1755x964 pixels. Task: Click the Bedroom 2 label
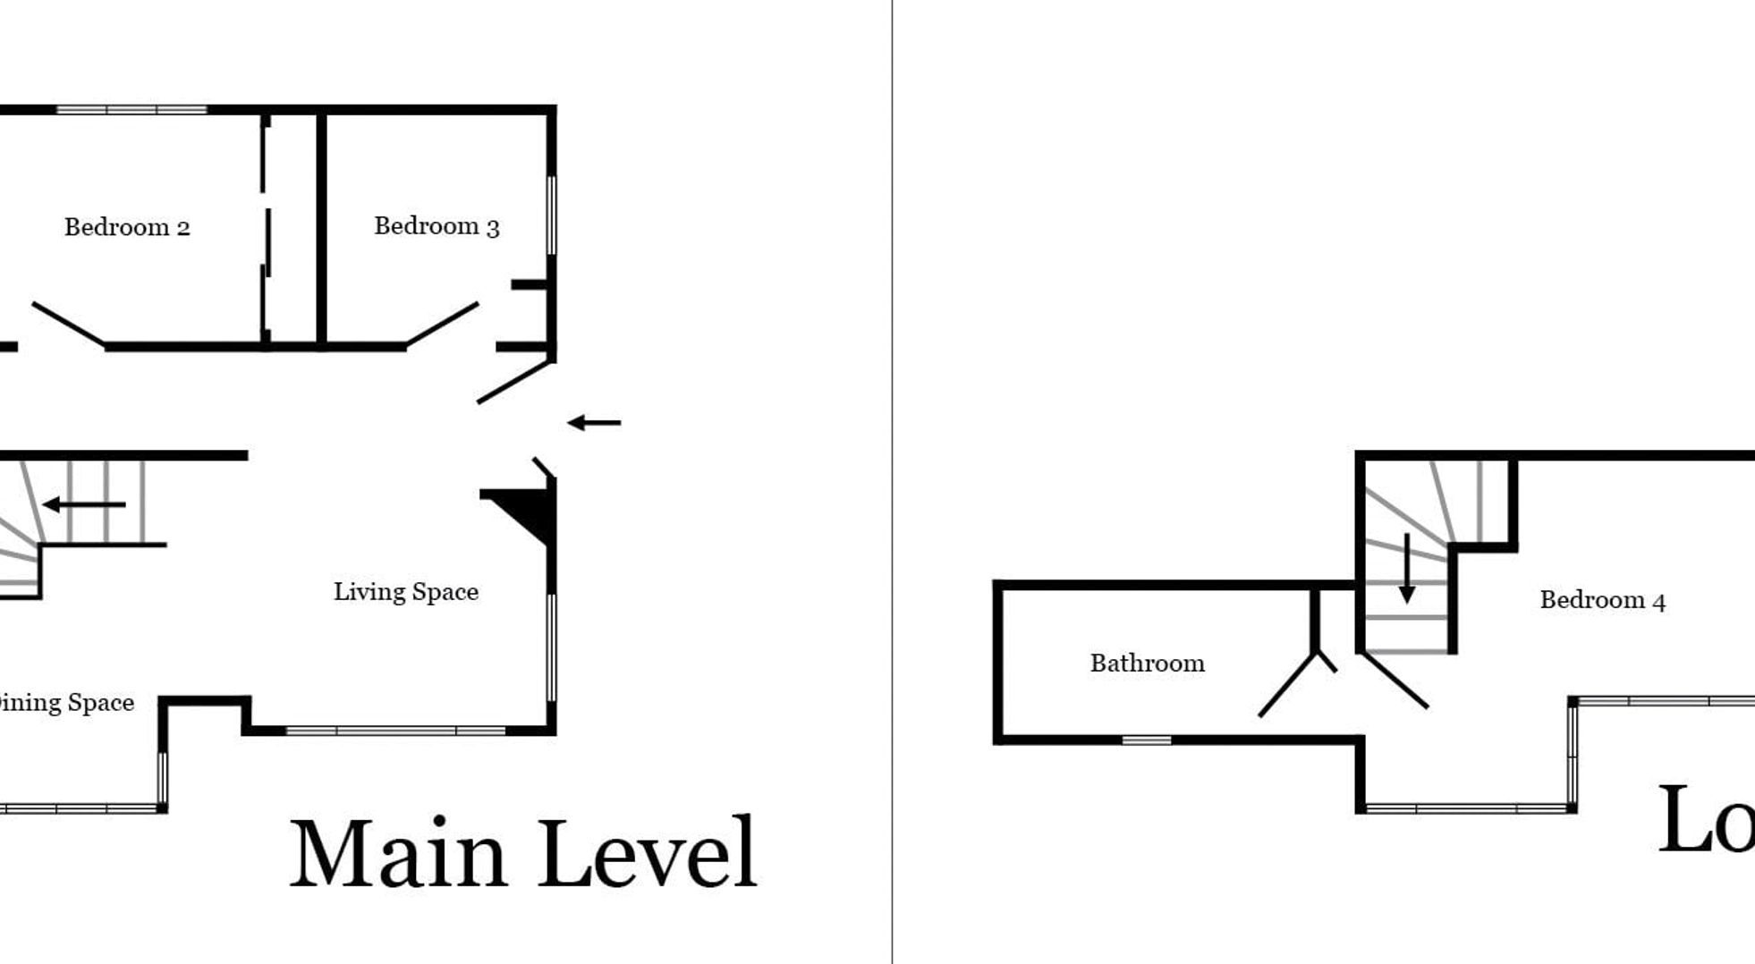click(127, 227)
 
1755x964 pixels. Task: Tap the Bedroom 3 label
click(437, 226)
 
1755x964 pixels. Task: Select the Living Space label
click(406, 592)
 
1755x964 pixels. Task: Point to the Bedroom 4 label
click(1602, 600)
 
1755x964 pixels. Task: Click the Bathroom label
click(1147, 664)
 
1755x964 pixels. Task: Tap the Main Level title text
click(523, 854)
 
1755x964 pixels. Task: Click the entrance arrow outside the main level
click(594, 422)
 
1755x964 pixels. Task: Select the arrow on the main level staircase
click(84, 504)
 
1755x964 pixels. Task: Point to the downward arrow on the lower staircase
click(1407, 569)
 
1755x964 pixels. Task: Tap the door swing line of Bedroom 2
click(69, 324)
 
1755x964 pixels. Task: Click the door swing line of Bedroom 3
click(442, 324)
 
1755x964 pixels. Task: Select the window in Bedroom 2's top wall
click(132, 110)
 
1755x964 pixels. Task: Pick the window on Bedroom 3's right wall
click(551, 215)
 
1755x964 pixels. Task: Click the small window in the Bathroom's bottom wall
click(1147, 740)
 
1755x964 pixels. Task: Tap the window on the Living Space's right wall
click(551, 647)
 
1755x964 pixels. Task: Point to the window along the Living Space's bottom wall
click(395, 731)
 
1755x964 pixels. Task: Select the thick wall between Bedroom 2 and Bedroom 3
click(321, 228)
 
